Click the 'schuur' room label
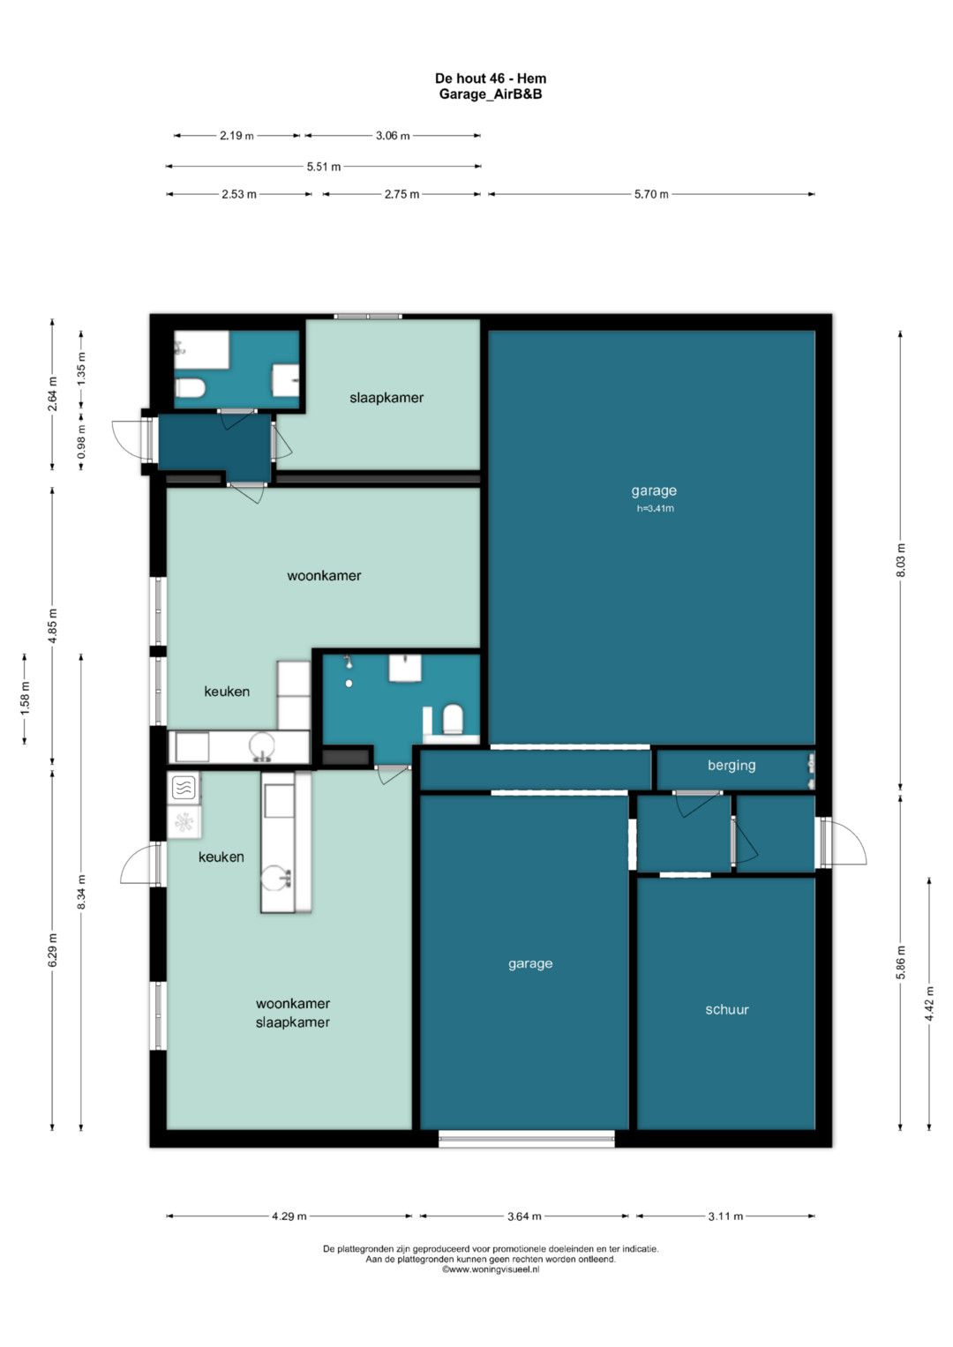(x=727, y=1009)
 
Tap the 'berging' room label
(x=731, y=766)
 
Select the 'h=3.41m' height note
(x=655, y=509)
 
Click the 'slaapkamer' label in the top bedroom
(x=386, y=398)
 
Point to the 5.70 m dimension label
(x=651, y=194)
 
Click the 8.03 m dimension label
(x=901, y=560)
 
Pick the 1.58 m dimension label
(x=25, y=699)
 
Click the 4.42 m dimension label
(x=929, y=1004)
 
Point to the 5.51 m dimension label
(x=324, y=167)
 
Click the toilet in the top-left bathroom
(x=190, y=388)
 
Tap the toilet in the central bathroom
(x=453, y=719)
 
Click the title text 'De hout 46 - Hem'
(x=491, y=79)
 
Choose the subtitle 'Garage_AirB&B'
(x=491, y=94)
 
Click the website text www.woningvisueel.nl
(x=491, y=1270)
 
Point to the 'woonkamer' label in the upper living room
(x=324, y=575)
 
